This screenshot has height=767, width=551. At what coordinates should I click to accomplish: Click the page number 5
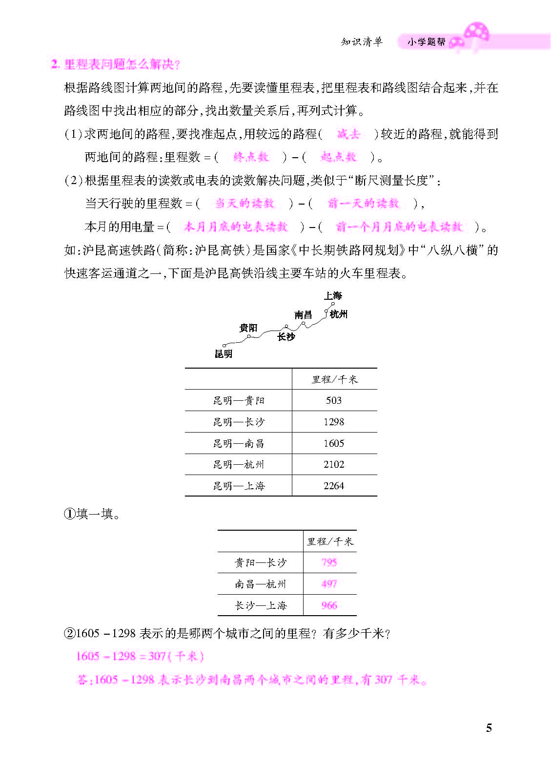click(489, 728)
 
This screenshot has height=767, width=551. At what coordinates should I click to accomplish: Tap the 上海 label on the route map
click(333, 295)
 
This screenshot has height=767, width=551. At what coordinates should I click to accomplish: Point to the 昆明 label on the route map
click(224, 354)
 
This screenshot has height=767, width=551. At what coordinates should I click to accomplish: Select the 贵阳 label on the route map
click(248, 328)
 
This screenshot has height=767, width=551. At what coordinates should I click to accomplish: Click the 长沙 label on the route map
click(286, 336)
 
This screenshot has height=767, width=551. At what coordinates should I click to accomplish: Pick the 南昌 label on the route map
click(303, 315)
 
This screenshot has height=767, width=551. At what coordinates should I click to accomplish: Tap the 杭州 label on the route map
click(339, 314)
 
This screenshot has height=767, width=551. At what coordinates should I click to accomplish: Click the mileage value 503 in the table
click(334, 400)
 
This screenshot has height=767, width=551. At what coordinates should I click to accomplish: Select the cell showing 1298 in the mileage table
click(334, 422)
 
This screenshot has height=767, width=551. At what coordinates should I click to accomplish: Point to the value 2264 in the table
click(334, 486)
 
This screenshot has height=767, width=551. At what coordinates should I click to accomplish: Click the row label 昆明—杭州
click(239, 464)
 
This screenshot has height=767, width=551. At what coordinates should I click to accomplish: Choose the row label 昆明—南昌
click(239, 443)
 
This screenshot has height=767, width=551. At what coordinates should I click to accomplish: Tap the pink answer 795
click(329, 562)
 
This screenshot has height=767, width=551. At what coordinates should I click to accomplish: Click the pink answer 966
click(329, 605)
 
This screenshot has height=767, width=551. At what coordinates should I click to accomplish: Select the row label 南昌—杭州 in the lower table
click(261, 584)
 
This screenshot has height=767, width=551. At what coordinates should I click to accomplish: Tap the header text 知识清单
click(362, 42)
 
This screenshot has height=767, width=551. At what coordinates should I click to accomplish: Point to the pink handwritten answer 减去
click(348, 134)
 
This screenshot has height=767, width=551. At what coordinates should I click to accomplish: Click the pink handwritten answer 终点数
click(251, 157)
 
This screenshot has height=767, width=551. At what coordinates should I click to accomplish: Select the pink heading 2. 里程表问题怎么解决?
click(116, 64)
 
